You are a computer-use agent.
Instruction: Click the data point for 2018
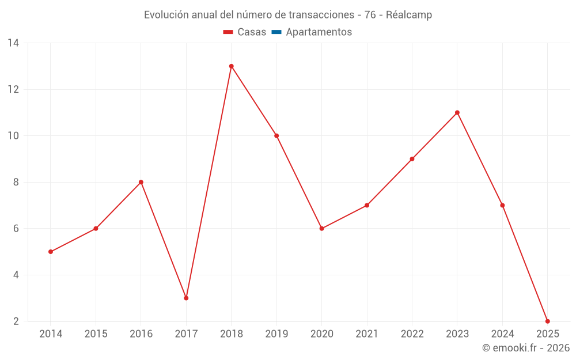pos(232,66)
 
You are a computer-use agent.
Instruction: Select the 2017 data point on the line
pos(186,298)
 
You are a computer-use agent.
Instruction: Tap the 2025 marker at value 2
pos(547,321)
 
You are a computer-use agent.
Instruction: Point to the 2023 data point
pos(457,112)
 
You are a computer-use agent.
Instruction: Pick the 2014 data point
pos(51,252)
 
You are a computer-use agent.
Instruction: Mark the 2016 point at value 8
pos(141,182)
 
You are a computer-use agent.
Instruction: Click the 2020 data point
pos(322,229)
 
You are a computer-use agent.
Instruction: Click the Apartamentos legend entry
pos(319,32)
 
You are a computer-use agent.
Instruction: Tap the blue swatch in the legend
pos(276,32)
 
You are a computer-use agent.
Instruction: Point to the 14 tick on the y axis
pos(13,43)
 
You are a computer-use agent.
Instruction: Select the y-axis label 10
pos(13,136)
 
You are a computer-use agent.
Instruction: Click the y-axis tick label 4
pos(16,275)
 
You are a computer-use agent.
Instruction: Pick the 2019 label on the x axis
pos(276,334)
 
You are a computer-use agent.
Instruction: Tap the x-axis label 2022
pos(412,334)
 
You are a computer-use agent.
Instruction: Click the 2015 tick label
pos(96,334)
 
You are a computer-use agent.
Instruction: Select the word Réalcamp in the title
pos(409,15)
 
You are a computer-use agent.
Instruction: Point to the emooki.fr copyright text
pos(526,348)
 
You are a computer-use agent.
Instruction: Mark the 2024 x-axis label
pos(502,334)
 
